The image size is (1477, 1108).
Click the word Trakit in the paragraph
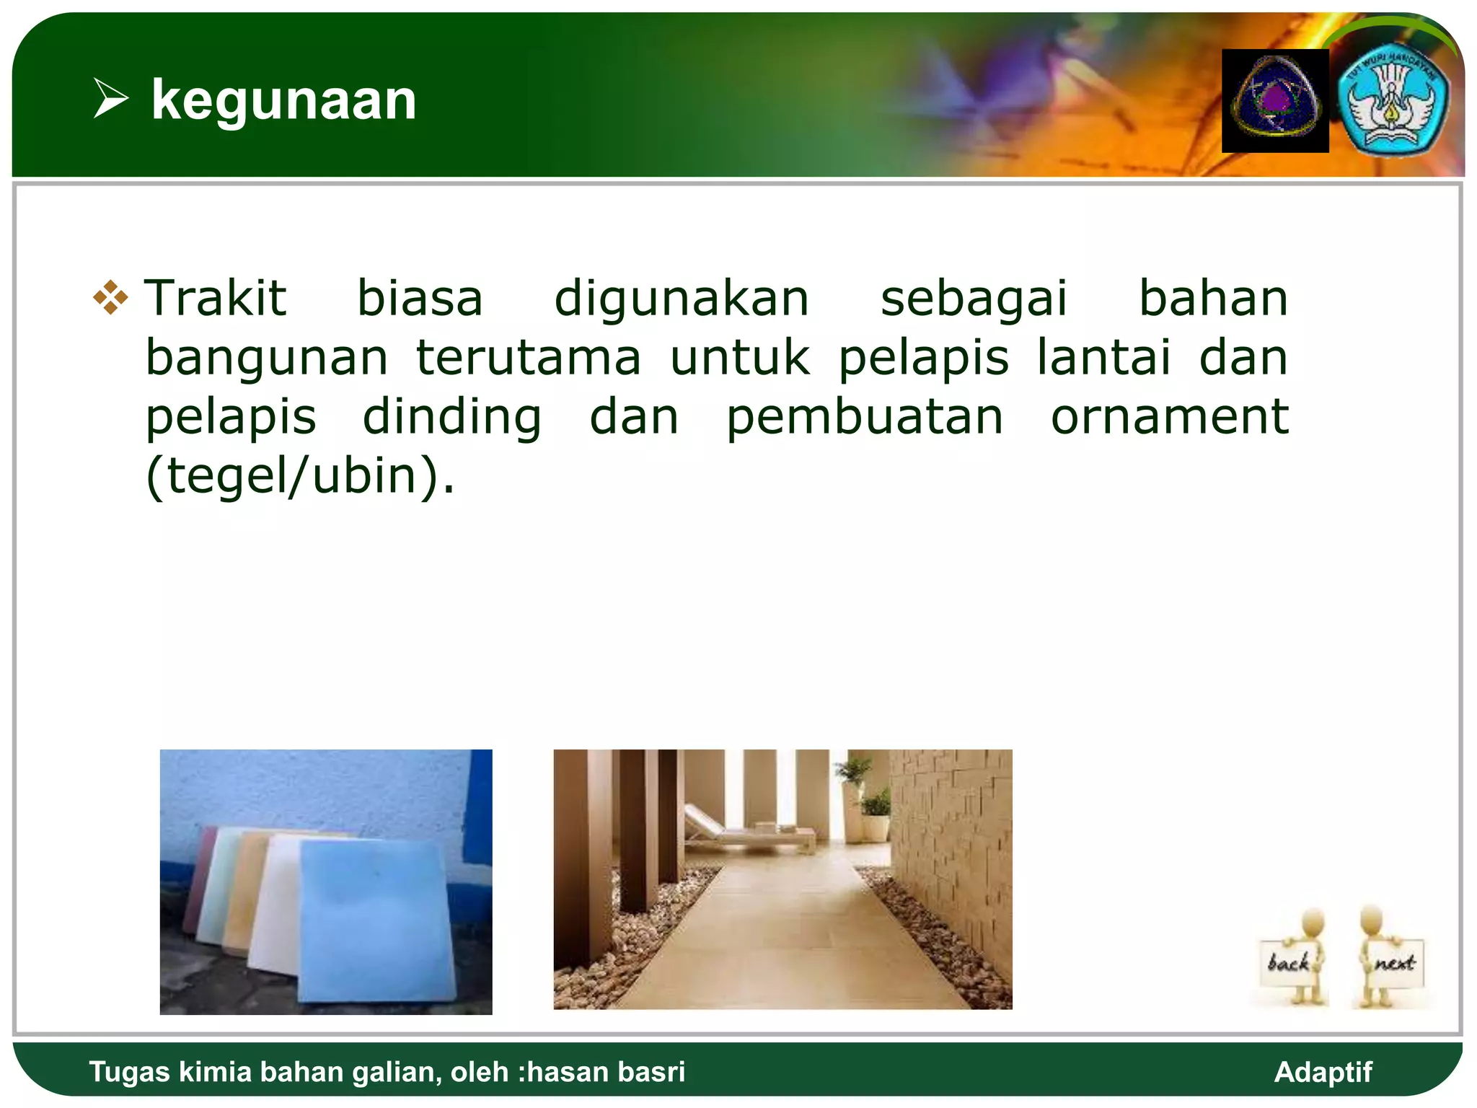click(215, 298)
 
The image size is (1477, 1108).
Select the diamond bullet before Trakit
click(110, 297)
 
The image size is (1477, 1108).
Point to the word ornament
click(1169, 417)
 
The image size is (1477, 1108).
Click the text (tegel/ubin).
click(300, 477)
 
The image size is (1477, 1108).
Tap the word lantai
click(1103, 358)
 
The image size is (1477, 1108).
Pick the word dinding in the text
click(451, 418)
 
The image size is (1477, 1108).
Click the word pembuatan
click(864, 418)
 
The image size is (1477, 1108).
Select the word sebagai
click(974, 299)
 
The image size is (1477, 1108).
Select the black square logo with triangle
click(1274, 101)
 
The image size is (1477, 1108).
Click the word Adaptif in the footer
click(1322, 1072)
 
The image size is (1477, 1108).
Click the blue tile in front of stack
click(375, 923)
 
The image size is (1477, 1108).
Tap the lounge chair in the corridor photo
click(743, 833)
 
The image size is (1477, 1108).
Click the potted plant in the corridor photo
click(875, 812)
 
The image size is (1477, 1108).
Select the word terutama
click(528, 358)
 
